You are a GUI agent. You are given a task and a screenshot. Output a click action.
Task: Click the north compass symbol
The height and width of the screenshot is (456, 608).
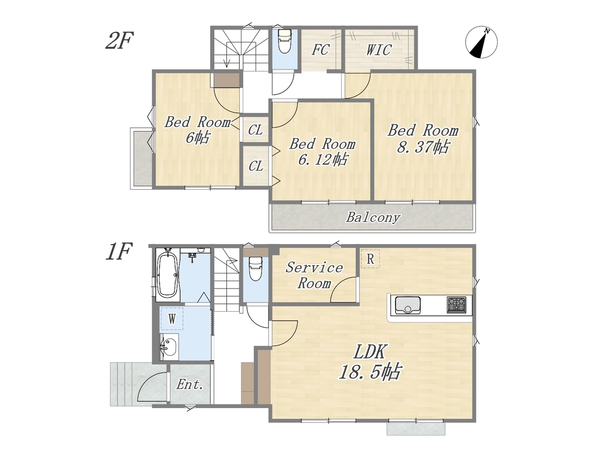click(x=481, y=43)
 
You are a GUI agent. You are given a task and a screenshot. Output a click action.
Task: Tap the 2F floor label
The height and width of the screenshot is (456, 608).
click(x=119, y=40)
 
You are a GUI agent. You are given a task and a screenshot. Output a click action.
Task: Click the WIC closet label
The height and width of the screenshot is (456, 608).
click(x=379, y=50)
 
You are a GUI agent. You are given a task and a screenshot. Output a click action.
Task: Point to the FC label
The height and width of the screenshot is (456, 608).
click(x=320, y=50)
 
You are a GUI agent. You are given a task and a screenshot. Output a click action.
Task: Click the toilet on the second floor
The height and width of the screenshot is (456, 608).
click(x=284, y=40)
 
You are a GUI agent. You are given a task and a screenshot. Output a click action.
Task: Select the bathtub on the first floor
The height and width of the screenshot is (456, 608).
click(x=168, y=274)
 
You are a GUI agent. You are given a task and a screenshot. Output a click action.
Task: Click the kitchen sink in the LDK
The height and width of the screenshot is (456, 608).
click(x=408, y=305)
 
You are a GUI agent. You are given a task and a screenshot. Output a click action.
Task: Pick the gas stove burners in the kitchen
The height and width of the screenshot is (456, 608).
click(x=457, y=305)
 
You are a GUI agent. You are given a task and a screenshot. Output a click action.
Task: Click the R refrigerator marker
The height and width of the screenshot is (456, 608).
click(x=370, y=259)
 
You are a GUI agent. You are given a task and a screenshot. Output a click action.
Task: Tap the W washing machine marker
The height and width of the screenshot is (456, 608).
click(x=172, y=319)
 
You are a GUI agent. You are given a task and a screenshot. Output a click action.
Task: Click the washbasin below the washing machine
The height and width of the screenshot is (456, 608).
click(x=169, y=346)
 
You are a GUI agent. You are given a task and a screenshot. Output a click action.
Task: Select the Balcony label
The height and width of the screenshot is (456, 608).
click(x=373, y=217)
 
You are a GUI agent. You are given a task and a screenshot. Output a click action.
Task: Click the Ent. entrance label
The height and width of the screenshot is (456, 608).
click(x=190, y=385)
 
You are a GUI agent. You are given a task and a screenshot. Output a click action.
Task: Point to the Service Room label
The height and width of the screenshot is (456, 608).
click(x=315, y=275)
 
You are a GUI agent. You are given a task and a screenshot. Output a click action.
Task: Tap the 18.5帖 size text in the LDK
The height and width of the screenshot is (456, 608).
click(x=369, y=372)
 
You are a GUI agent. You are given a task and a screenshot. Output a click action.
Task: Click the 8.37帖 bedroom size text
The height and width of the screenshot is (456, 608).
click(x=423, y=148)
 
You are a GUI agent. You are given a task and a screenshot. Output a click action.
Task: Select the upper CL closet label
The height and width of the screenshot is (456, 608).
click(x=255, y=130)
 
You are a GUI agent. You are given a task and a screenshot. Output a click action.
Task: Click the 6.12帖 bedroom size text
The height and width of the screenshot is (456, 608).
click(x=323, y=160)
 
